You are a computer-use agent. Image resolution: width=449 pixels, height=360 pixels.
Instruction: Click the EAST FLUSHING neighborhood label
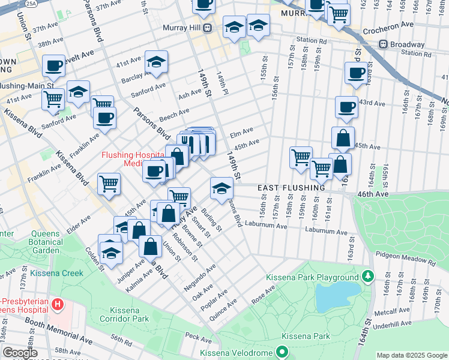[x=291, y=188]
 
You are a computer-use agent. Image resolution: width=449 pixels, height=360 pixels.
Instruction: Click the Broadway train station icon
[x=383, y=44]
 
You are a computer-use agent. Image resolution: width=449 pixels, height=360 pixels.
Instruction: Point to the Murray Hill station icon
[x=207, y=28]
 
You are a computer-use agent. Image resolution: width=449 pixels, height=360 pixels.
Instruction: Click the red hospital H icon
[x=58, y=305]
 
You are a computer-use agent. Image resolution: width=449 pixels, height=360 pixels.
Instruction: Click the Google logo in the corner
[x=20, y=353]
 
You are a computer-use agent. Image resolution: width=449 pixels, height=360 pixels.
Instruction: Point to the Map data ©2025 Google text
[x=412, y=355]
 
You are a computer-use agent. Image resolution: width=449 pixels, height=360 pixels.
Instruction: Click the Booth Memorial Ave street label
[x=59, y=331]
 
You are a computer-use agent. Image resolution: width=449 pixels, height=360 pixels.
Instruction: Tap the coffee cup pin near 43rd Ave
[x=346, y=106]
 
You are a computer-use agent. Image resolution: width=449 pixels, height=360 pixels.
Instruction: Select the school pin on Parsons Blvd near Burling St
[x=221, y=188]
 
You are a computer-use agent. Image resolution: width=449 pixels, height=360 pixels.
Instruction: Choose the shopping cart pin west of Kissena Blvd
[x=109, y=183]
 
